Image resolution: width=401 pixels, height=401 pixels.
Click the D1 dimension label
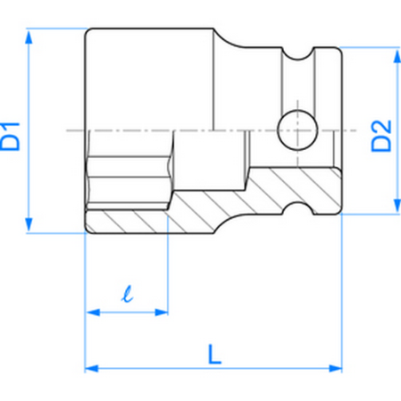click(16, 130)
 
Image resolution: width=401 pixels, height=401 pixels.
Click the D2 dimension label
click(381, 130)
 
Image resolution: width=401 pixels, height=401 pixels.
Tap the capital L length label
click(213, 354)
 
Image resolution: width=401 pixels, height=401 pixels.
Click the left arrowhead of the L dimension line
click(90, 366)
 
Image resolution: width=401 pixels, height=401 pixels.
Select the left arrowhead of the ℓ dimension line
click(91, 311)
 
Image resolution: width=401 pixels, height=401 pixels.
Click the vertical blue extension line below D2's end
click(342, 293)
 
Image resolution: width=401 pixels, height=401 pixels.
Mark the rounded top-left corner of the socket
click(90, 34)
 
